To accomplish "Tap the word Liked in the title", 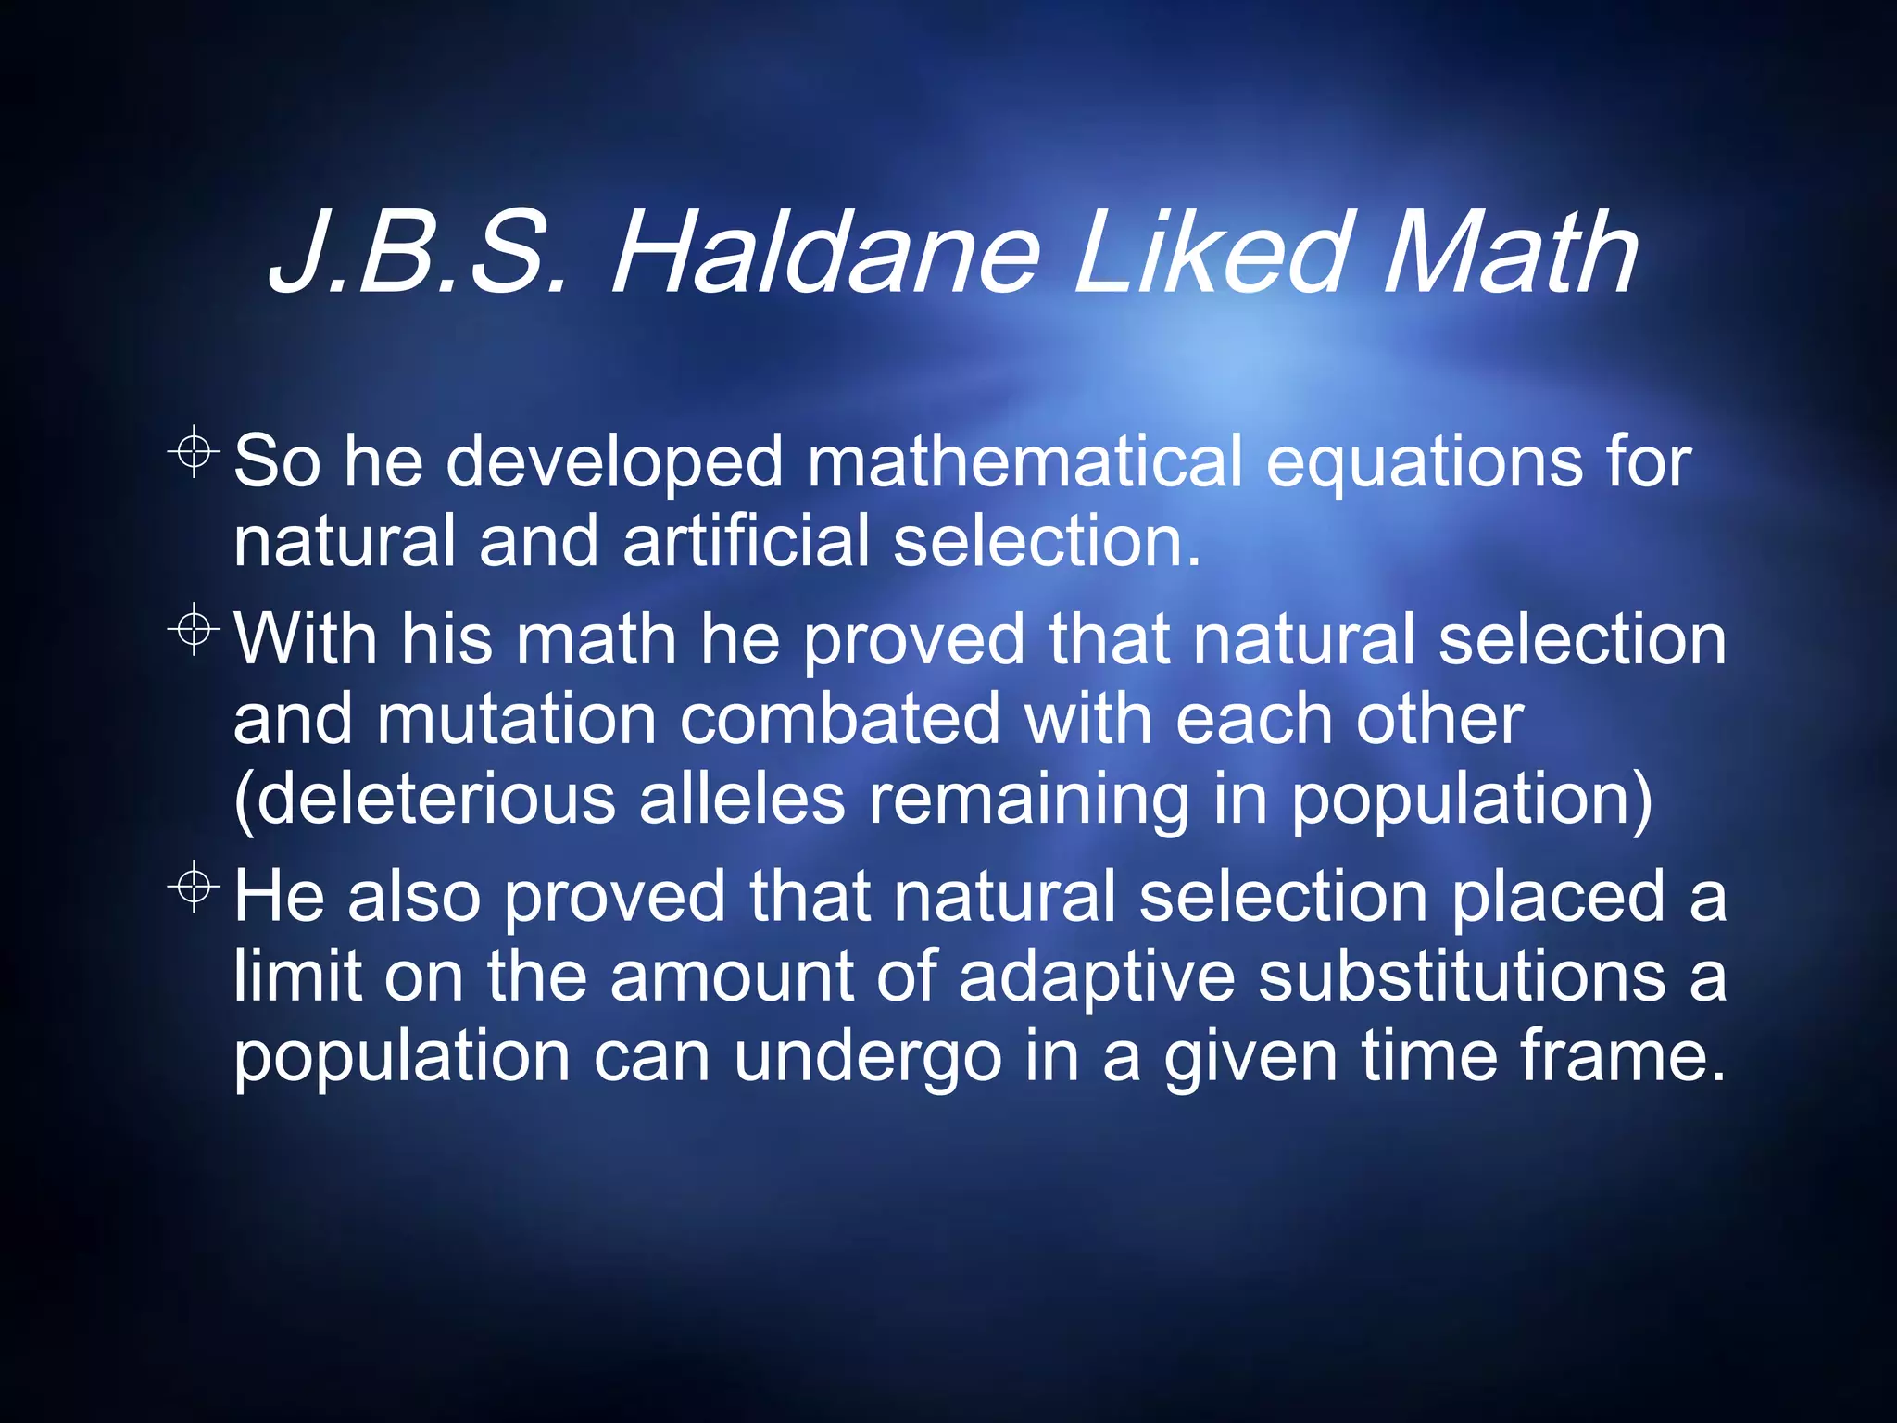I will point(1209,255).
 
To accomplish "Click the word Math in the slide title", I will point(1510,255).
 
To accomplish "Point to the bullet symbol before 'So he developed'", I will point(194,452).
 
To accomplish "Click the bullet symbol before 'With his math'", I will point(194,631).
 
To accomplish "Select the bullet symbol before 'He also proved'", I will point(194,888).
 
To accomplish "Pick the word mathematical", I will point(1024,460).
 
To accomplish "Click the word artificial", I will point(747,541).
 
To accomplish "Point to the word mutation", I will point(517,719).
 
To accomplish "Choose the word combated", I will point(840,719).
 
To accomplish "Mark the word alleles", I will point(742,800).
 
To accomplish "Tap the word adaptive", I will point(1097,976).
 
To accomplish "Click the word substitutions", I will point(1463,976).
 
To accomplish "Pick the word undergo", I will point(868,1058).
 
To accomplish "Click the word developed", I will point(616,462).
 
